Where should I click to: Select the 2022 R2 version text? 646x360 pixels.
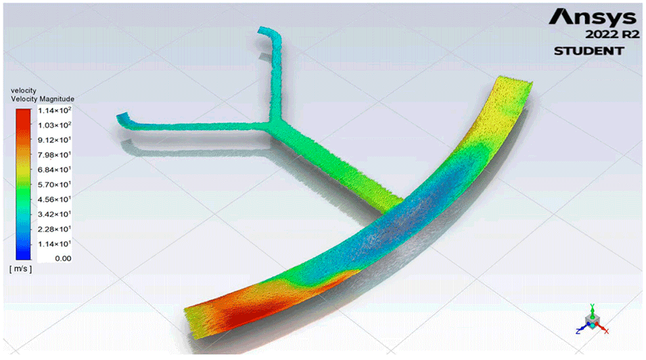[x=613, y=35]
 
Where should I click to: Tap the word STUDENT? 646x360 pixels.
[x=589, y=51]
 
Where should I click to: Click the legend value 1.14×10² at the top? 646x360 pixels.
[x=54, y=110]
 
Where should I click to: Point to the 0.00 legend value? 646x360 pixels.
[x=63, y=258]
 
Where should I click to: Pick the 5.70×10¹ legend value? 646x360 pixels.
[x=54, y=184]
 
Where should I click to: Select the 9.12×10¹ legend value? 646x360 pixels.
[x=54, y=140]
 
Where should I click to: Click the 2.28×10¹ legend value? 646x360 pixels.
[x=54, y=229]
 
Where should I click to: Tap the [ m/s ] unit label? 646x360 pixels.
[x=20, y=269]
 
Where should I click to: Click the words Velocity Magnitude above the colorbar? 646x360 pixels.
[x=43, y=99]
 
